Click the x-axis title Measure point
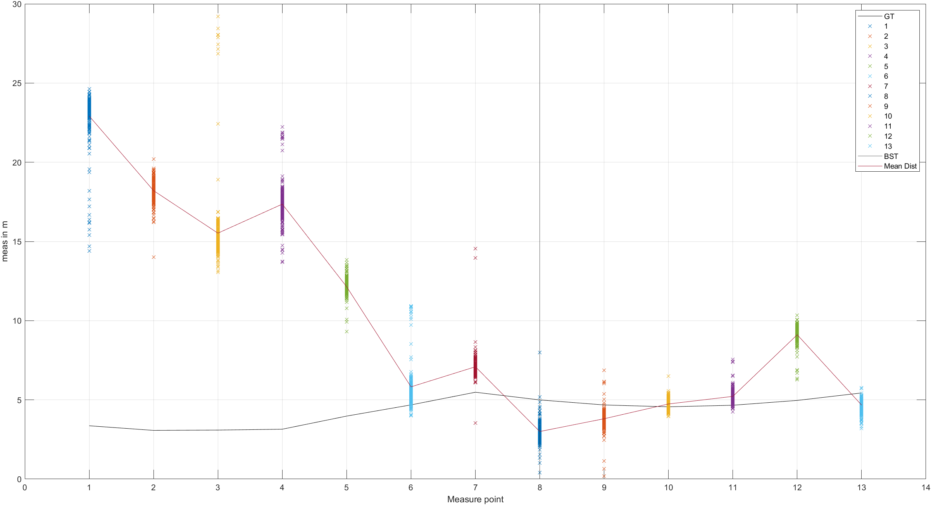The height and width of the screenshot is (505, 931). coord(475,499)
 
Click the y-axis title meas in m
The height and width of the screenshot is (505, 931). coord(5,241)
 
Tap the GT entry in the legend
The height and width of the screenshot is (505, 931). coord(889,16)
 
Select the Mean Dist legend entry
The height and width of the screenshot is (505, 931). coord(900,166)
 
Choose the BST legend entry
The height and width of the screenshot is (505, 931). coord(891,156)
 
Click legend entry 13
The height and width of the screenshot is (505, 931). coord(888,146)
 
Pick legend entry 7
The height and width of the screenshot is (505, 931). coord(886,86)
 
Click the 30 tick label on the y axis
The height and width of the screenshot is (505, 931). coord(17,4)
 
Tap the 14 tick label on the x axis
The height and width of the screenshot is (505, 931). coord(926,488)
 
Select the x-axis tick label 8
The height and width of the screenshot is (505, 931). coord(540,488)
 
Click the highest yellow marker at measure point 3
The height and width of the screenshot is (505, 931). coord(218,16)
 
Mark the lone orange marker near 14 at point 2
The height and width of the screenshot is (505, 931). coord(153,257)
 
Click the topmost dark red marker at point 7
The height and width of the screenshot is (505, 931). coord(475,248)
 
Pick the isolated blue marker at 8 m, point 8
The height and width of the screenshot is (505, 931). coord(540,352)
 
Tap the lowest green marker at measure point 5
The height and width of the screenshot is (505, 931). coord(347,331)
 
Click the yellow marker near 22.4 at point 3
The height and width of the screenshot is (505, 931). coord(218,124)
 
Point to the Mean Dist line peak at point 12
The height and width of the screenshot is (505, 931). coord(797,334)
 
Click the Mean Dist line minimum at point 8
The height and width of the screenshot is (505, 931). coord(540,431)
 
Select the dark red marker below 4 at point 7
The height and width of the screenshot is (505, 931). coord(475,423)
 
